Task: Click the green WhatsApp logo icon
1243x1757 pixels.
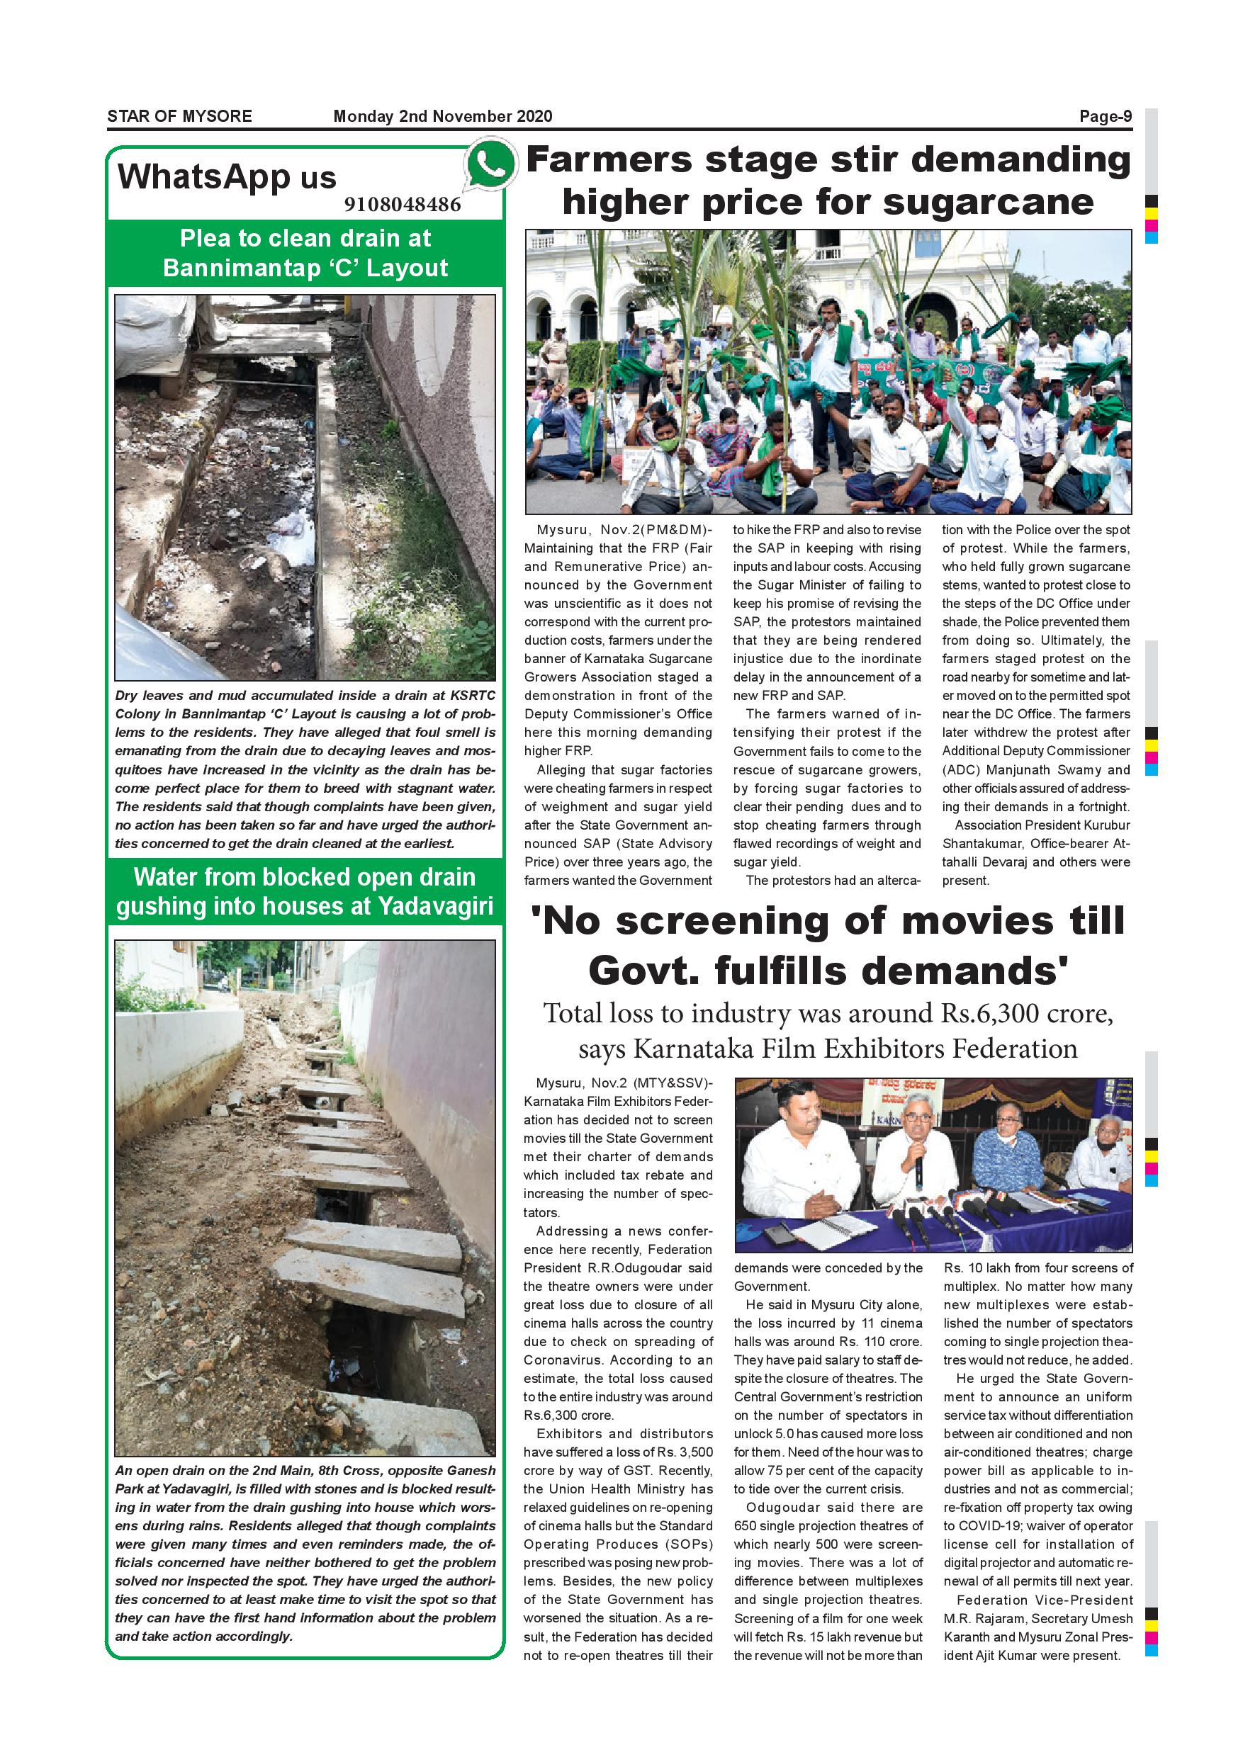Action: click(489, 164)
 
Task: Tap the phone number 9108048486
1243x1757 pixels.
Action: click(403, 204)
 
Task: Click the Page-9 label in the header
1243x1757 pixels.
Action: click(1106, 116)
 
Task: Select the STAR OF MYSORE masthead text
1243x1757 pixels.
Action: click(180, 116)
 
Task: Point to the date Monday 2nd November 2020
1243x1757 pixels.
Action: click(442, 116)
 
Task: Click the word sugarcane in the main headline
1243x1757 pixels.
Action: click(987, 203)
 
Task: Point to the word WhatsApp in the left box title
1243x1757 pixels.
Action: click(204, 178)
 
